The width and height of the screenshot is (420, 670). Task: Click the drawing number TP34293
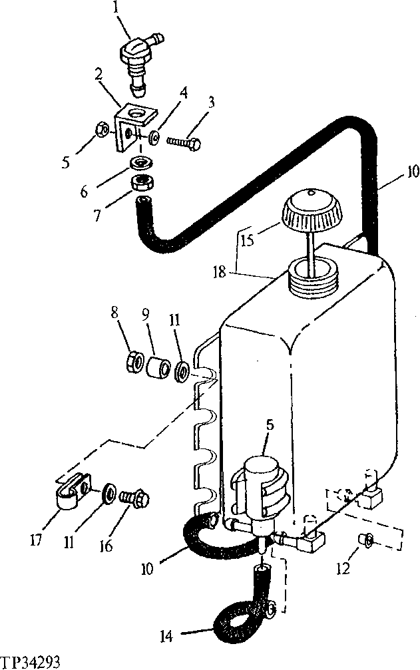pos(31,662)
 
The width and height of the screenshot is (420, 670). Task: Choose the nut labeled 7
pos(142,182)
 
